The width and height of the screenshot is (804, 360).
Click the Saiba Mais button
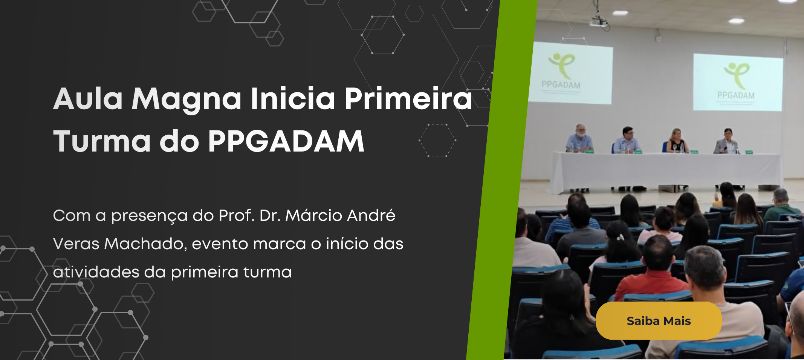point(659,321)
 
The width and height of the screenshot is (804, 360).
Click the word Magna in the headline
point(186,99)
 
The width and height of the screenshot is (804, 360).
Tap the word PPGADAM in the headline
point(286,141)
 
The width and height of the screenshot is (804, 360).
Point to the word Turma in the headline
point(102,141)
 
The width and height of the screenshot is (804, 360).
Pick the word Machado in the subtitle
point(145,244)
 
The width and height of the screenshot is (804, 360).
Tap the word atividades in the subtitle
point(96,272)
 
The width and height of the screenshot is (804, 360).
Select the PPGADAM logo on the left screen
point(561,72)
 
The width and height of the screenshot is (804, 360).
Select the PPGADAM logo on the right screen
point(737,81)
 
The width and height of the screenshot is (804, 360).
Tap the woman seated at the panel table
point(677,141)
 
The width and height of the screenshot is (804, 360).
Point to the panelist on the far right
point(727,141)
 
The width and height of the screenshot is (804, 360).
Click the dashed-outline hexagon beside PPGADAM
point(437,140)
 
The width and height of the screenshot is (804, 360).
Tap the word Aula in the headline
point(88,99)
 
